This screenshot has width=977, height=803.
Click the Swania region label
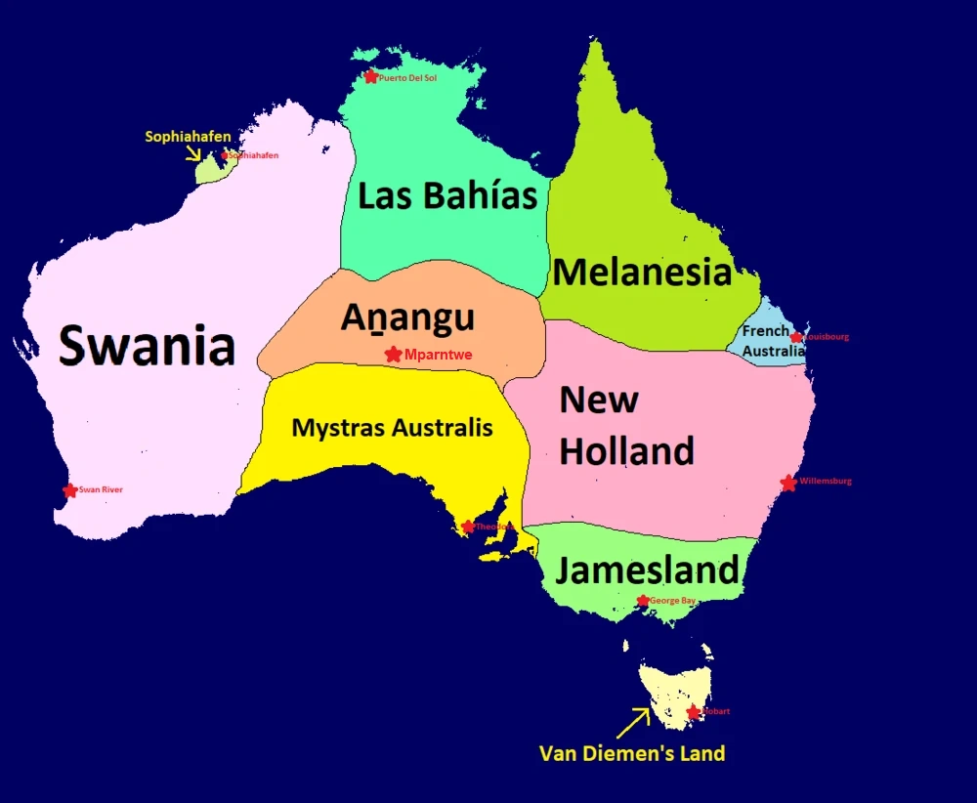pyautogui.click(x=148, y=346)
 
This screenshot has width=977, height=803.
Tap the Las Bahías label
pyautogui.click(x=447, y=195)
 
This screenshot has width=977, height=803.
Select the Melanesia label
pyautogui.click(x=642, y=272)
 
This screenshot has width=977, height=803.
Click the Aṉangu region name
pyautogui.click(x=407, y=317)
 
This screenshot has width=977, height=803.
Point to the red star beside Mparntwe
pyautogui.click(x=393, y=355)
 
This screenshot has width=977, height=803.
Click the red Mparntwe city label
pyautogui.click(x=438, y=356)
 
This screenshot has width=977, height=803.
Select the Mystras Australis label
pyautogui.click(x=392, y=428)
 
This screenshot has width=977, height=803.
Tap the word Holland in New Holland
pyautogui.click(x=626, y=451)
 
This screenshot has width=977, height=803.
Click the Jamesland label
pyautogui.click(x=648, y=570)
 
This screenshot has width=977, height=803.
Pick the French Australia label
pyautogui.click(x=773, y=341)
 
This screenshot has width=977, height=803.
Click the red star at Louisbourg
pyautogui.click(x=796, y=337)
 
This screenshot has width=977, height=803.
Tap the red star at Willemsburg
pyautogui.click(x=788, y=483)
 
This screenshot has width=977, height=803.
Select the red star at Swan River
pyautogui.click(x=69, y=490)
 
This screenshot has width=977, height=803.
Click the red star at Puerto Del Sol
pyautogui.click(x=370, y=77)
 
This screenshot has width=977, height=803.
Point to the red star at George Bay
pyautogui.click(x=643, y=601)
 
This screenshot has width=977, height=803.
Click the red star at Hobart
pyautogui.click(x=694, y=712)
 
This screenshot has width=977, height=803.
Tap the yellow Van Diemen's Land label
pyautogui.click(x=632, y=753)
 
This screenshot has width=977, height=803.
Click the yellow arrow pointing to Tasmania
pyautogui.click(x=633, y=723)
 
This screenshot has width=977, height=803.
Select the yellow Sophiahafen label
pyautogui.click(x=188, y=137)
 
